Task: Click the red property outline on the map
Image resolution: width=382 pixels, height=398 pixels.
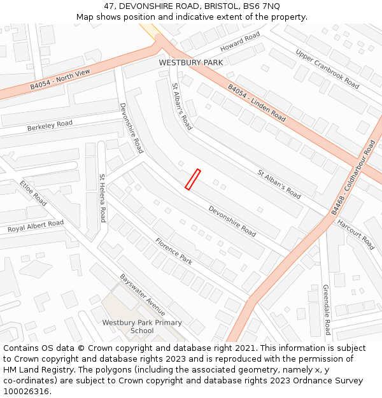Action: (192, 179)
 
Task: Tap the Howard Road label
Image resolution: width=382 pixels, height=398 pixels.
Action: (241, 43)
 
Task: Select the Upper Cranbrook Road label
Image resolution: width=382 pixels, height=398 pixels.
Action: (327, 69)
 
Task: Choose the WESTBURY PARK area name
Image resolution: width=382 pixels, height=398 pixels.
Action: (191, 62)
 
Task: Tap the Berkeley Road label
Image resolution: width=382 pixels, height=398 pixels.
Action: (50, 125)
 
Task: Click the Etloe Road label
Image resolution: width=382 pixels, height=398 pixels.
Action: (33, 193)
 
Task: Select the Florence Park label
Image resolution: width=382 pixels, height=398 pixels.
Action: (174, 251)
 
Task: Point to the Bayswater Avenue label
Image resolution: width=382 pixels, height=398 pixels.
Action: (143, 295)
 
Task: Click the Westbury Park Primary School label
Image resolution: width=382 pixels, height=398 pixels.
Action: (142, 327)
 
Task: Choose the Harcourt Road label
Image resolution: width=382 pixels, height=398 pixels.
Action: (355, 234)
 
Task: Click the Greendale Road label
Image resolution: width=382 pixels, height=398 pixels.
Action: (326, 309)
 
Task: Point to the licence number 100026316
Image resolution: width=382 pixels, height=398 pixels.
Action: (27, 391)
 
